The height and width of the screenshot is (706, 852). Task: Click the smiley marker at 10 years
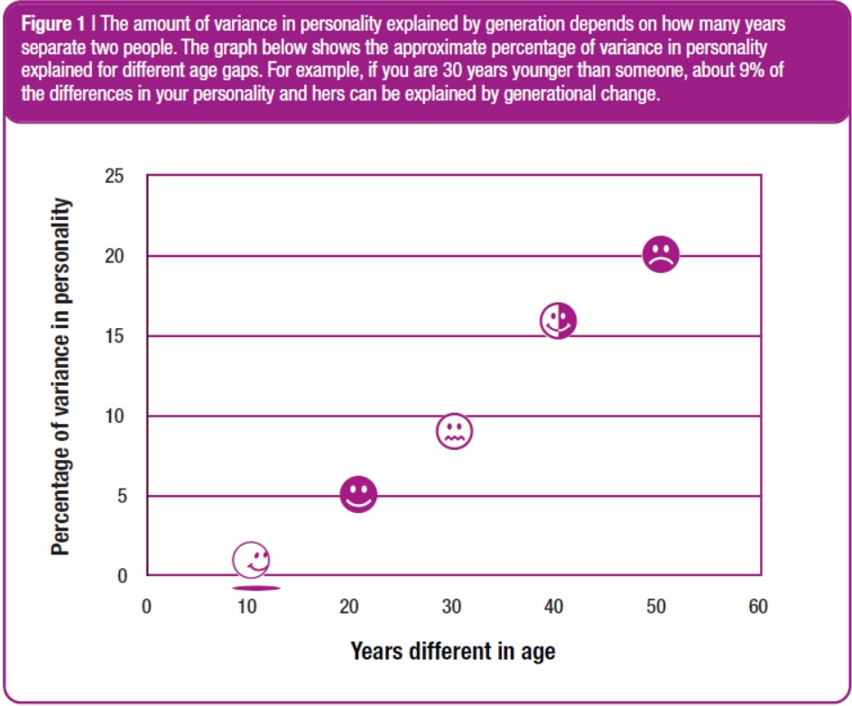coord(251,559)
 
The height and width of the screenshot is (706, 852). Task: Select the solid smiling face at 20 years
coord(358,494)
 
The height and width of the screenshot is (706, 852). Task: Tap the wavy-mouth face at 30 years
coord(455,431)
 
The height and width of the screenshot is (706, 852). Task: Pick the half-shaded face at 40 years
coord(559,320)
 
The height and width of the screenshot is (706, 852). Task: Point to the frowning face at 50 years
coord(661,254)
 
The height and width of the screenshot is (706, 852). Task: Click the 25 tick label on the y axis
coord(115,177)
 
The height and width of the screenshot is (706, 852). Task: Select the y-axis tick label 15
coord(115,336)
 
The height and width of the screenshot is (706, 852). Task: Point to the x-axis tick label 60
coord(758,607)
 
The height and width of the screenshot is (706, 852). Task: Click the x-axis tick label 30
coord(452,607)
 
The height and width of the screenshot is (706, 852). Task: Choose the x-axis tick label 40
coord(554,607)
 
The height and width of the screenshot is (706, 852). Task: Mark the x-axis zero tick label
coord(146,607)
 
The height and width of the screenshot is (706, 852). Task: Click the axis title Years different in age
coord(452,650)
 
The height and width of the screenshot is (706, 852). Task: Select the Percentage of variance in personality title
coord(61,377)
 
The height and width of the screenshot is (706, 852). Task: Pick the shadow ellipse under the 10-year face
coord(255,588)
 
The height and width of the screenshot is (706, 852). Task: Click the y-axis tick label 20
coord(115,257)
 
